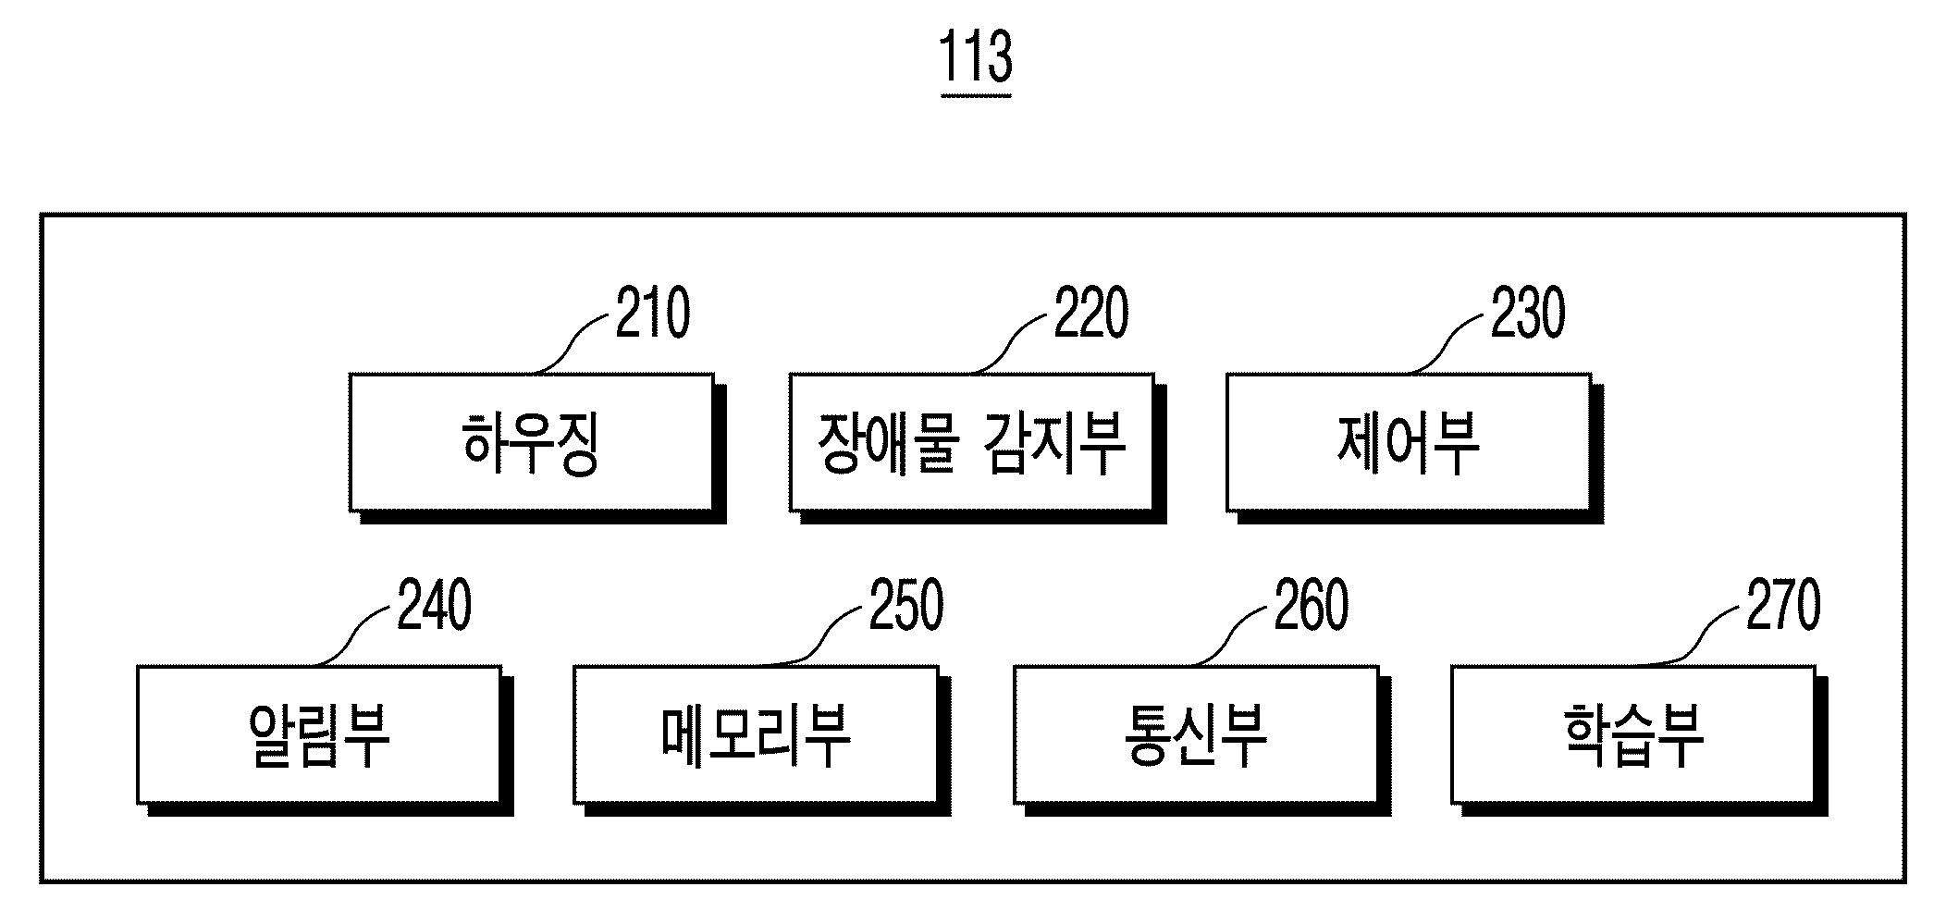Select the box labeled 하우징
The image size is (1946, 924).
(x=531, y=442)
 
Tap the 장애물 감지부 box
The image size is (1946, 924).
(x=971, y=442)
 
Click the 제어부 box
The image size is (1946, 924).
(x=1409, y=442)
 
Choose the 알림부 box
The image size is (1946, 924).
(x=319, y=734)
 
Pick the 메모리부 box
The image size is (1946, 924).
(x=756, y=734)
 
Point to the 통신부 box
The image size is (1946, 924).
(x=1196, y=734)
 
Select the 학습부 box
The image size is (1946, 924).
(x=1632, y=734)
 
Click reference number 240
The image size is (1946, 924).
(x=435, y=605)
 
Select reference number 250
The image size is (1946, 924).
(x=906, y=605)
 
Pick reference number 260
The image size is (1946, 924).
(x=1312, y=605)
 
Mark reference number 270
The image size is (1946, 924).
(x=1783, y=605)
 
